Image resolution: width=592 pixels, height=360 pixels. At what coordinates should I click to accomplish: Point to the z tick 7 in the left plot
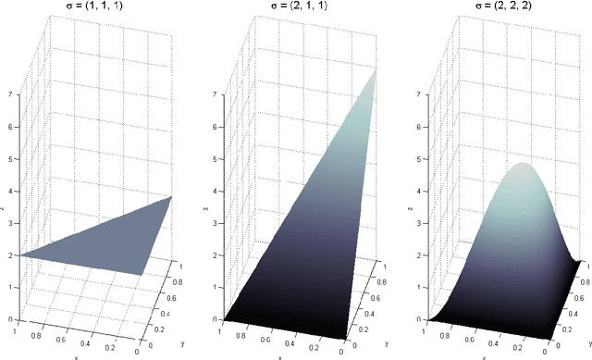click(11, 94)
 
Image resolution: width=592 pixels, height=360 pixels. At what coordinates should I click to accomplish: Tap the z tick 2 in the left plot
click(11, 254)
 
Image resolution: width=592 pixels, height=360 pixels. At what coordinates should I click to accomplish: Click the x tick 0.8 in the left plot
click(36, 329)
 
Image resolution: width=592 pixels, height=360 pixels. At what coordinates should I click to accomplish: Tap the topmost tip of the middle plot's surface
click(377, 70)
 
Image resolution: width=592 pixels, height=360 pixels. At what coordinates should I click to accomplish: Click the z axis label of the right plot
click(410, 208)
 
